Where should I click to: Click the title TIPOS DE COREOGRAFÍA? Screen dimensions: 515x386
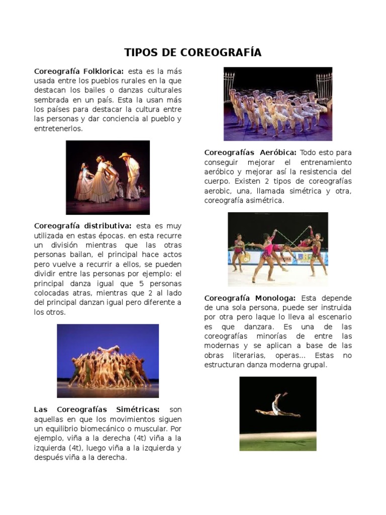[193, 53]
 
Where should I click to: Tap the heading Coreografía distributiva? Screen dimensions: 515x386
[83, 226]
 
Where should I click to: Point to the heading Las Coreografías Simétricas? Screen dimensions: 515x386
[97, 409]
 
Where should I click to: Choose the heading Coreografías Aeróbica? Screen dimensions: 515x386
[250, 152]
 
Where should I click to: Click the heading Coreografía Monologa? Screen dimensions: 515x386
[250, 298]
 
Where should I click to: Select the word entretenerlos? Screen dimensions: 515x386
[58, 129]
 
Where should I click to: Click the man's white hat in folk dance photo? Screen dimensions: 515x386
[124, 155]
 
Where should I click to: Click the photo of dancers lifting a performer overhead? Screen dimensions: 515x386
[108, 361]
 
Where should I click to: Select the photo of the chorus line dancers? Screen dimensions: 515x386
[277, 104]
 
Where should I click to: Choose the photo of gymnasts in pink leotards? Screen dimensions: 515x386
[277, 249]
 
